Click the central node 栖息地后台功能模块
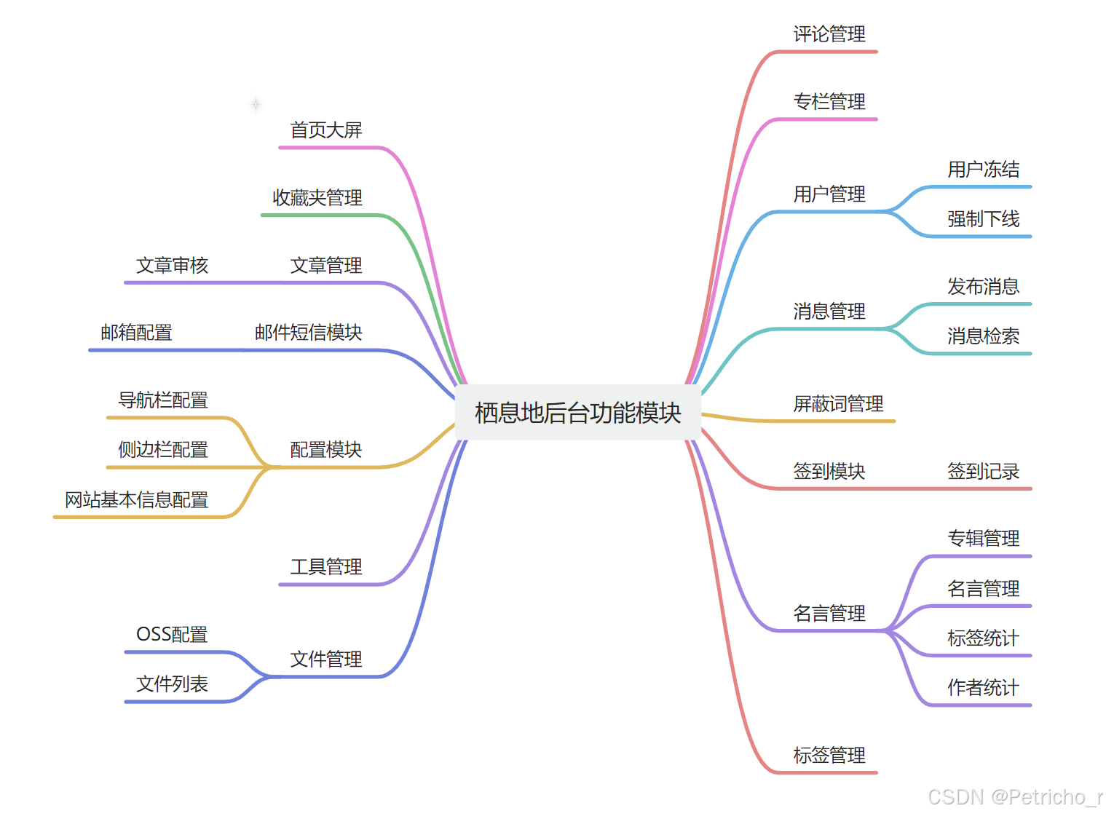click(x=577, y=413)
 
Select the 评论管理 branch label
click(x=829, y=34)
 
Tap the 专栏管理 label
click(x=829, y=102)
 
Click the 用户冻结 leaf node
click(x=983, y=170)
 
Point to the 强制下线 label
click(x=983, y=219)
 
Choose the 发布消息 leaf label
click(x=983, y=287)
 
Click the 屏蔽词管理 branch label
click(x=838, y=404)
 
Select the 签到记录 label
click(x=983, y=472)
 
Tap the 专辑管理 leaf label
click(x=983, y=539)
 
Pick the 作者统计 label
click(x=983, y=688)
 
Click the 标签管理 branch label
click(x=829, y=756)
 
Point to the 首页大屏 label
click(x=326, y=130)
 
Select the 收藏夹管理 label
click(x=317, y=198)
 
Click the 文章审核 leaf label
click(x=173, y=266)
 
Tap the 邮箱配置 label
click(x=137, y=333)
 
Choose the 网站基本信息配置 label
click(x=137, y=500)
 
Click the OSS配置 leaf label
click(x=172, y=635)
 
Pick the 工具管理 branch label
click(x=326, y=567)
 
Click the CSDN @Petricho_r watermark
click(x=1014, y=798)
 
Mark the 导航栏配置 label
click(x=163, y=400)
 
